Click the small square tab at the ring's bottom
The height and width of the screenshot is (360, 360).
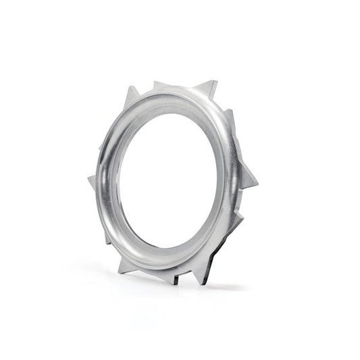pos(173,277)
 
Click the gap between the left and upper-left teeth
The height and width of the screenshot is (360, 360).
pos(108,135)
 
